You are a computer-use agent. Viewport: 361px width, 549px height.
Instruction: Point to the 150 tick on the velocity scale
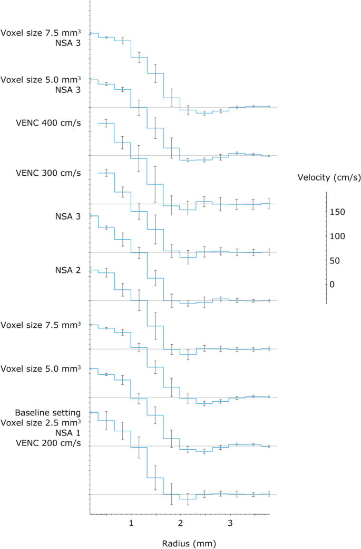338,212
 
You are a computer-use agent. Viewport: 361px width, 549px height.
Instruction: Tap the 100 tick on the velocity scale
338,236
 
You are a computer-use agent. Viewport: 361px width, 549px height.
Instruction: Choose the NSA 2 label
67,270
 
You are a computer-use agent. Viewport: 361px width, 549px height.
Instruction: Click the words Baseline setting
47,412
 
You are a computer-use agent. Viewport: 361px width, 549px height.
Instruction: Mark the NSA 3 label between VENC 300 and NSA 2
67,216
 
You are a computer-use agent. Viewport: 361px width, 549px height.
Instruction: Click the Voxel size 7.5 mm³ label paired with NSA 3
41,33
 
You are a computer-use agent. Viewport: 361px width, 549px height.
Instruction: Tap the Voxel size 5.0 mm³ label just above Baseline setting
41,368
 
